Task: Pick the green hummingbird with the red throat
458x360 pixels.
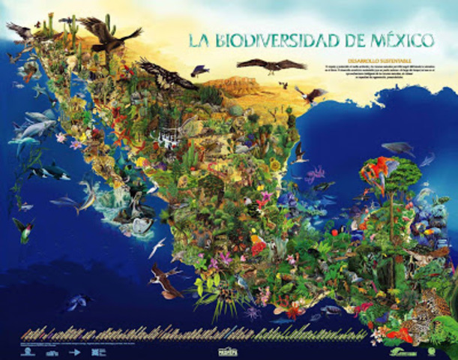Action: (23, 228)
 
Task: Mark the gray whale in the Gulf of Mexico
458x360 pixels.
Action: (398, 148)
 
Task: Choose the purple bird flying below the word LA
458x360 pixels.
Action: (199, 71)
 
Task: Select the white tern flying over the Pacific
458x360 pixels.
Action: (158, 247)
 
